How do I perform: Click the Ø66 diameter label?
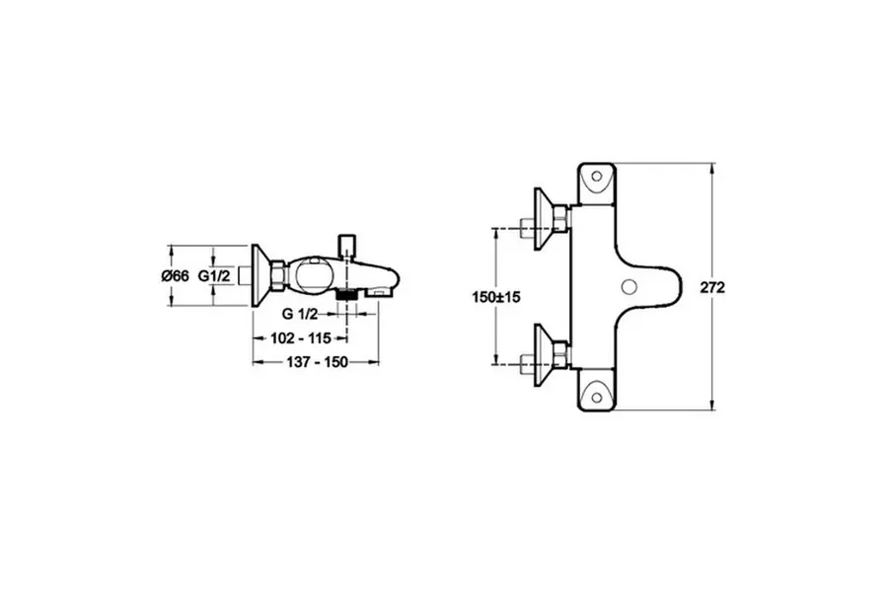pos(175,276)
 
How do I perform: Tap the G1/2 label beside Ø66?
pos(214,276)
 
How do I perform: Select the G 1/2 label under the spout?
pos(300,314)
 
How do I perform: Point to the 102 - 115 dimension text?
pos(301,338)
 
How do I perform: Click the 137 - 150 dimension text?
pos(317,362)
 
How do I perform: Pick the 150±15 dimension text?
pos(496,297)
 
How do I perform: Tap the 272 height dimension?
pos(712,288)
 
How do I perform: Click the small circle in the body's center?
pos(629,287)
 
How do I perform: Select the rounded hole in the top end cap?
pos(596,176)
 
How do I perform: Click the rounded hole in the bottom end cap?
pos(596,397)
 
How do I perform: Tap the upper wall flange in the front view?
pos(544,219)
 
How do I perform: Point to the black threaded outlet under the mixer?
pos(346,295)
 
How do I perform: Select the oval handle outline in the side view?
pos(309,275)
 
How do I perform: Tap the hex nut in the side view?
pos(278,276)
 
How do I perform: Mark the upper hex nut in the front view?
pos(561,219)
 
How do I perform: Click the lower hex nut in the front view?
pos(561,354)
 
